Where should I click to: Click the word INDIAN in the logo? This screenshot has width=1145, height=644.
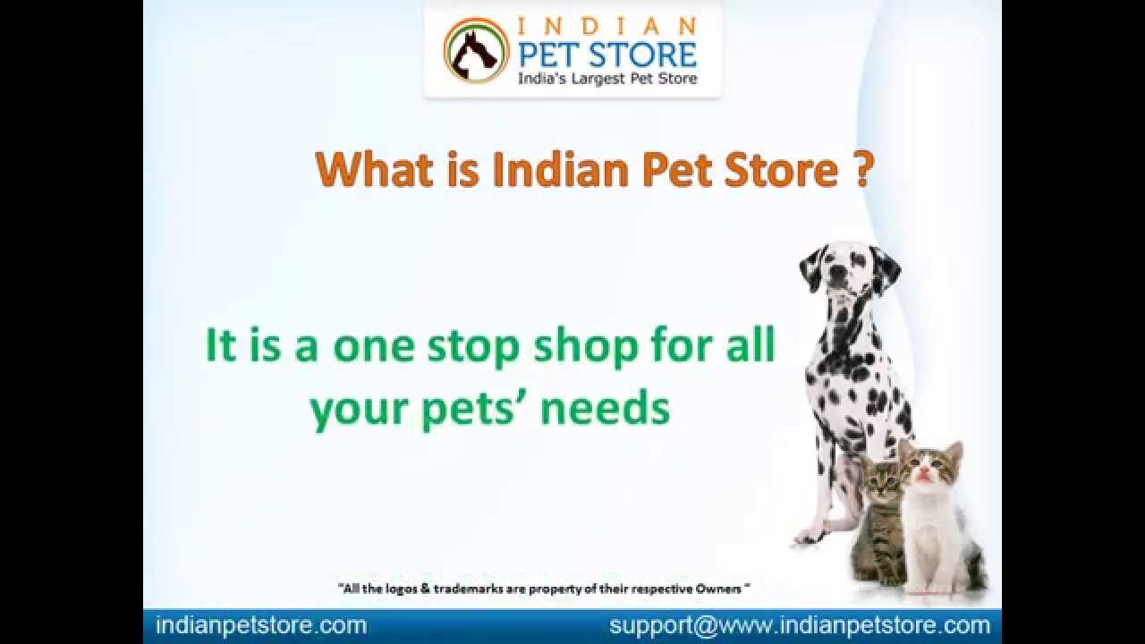pos(607,25)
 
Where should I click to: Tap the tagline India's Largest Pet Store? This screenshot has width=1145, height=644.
pos(607,79)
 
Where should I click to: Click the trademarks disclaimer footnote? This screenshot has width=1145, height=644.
pos(543,589)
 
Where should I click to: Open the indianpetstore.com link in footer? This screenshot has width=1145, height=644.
pos(261,625)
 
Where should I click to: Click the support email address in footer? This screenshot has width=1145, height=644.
pos(800,625)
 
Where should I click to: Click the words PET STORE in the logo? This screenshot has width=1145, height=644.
pos(607,54)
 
